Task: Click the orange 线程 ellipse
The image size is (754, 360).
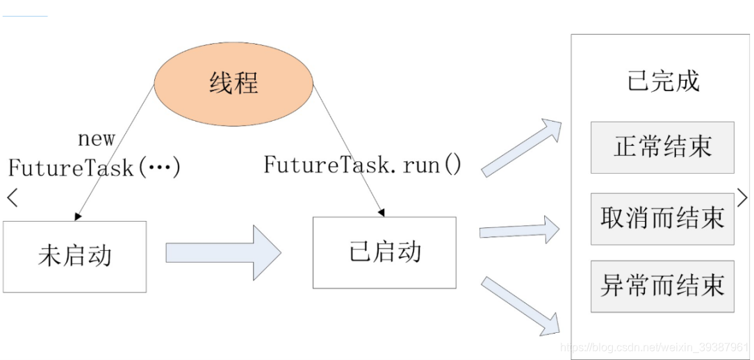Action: (233, 83)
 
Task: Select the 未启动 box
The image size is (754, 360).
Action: (74, 256)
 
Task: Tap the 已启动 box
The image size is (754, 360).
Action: (384, 252)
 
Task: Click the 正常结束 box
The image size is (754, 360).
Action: (662, 147)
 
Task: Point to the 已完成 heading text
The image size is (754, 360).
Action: (663, 81)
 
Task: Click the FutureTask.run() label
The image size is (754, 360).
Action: (362, 165)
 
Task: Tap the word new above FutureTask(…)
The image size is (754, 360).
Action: (96, 139)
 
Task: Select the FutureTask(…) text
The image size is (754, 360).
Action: (94, 167)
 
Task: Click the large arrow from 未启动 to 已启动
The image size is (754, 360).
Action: (222, 252)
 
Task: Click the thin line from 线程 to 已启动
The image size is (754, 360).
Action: (347, 146)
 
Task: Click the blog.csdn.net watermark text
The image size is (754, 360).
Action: (653, 347)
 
